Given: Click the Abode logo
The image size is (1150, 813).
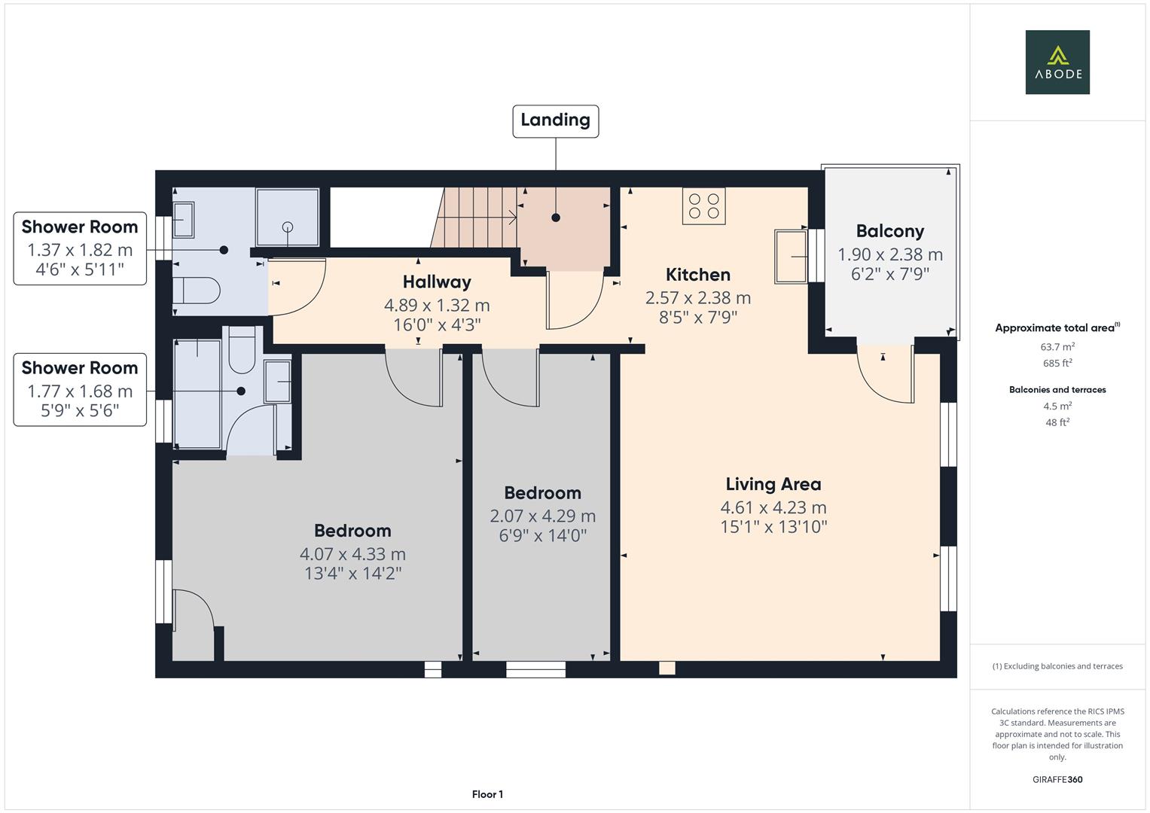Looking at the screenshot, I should [x=1057, y=62].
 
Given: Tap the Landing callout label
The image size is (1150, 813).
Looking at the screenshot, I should [x=555, y=120].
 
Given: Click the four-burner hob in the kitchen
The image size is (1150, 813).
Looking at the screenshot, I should [x=703, y=206].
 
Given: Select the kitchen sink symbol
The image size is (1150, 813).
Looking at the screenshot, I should [x=790, y=257].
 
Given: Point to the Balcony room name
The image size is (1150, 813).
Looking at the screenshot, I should [x=889, y=232].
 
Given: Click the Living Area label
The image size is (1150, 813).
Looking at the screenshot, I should [x=773, y=485].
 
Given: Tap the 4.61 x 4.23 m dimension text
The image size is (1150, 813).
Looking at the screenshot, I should [x=773, y=507].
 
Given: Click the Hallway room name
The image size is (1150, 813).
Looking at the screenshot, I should [x=437, y=282].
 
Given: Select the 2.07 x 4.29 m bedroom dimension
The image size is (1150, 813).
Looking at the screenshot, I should [x=542, y=516].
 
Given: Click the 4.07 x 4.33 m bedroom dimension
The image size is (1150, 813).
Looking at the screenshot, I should [x=352, y=555].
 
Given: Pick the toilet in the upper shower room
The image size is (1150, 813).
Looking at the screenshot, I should [x=195, y=289].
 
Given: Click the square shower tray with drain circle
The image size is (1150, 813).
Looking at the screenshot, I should [x=287, y=217].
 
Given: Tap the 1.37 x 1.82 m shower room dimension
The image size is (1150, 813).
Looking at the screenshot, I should [x=80, y=250].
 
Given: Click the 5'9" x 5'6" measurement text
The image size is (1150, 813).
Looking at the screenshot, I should [x=80, y=411].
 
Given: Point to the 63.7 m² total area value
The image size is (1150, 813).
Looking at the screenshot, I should [x=1057, y=347].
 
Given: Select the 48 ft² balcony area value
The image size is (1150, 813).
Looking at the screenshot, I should [x=1057, y=422].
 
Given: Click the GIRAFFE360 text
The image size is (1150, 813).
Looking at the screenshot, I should [x=1057, y=779].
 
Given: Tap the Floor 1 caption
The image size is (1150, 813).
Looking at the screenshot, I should [x=487, y=794].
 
